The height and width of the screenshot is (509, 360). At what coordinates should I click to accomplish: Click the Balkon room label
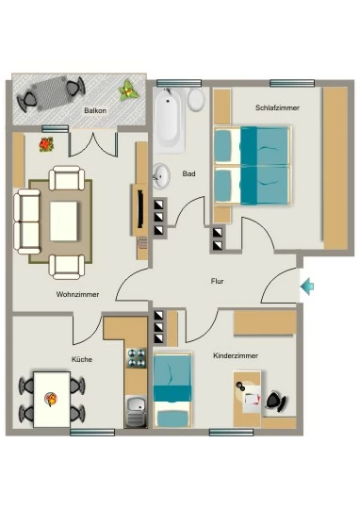95,110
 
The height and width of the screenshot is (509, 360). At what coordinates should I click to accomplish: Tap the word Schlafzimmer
277,107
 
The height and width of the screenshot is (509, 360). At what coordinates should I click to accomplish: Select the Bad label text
188,173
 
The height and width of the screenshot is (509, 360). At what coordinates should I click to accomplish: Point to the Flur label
217,281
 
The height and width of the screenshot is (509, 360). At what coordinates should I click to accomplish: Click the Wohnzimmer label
77,294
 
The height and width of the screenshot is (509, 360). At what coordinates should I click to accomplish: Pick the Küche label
82,359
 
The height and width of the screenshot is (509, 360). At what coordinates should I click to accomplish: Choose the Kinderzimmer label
236,355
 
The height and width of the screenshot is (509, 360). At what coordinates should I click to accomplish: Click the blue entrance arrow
307,287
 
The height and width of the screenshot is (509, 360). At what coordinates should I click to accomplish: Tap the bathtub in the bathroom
169,121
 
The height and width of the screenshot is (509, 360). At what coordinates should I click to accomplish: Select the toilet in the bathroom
196,99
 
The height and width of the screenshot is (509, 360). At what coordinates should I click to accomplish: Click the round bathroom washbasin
161,176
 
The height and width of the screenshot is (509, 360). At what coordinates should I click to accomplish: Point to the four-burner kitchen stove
137,358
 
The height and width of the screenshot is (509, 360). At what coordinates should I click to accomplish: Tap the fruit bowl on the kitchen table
51,399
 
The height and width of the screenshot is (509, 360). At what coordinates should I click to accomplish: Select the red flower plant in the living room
46,144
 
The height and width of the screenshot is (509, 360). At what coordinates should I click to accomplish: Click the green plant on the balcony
128,90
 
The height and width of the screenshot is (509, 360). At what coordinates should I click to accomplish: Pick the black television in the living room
140,209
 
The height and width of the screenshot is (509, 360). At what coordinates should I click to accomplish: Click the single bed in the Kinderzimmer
172,390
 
